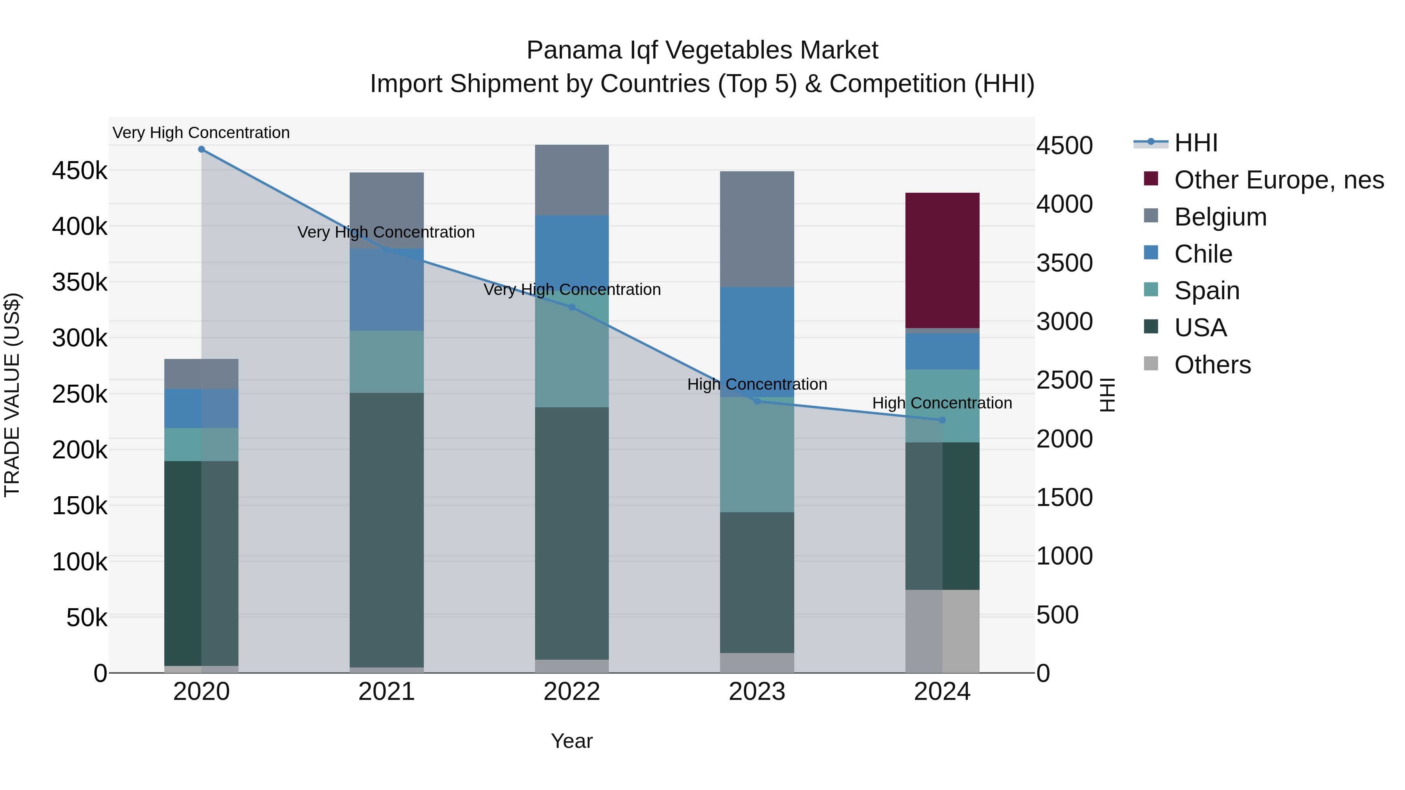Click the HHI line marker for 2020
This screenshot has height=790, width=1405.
[201, 149]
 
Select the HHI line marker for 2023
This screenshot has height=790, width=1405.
[757, 401]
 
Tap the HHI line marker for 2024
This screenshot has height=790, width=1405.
[942, 420]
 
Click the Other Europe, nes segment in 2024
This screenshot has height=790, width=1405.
[942, 261]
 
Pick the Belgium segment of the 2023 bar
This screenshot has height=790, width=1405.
[757, 229]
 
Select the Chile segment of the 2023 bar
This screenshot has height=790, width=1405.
[757, 342]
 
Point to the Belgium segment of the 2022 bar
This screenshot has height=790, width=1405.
[572, 180]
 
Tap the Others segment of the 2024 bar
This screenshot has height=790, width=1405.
[942, 631]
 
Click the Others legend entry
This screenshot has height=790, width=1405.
[1212, 365]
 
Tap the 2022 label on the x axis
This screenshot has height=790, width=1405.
[572, 692]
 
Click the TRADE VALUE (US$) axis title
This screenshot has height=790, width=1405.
[12, 395]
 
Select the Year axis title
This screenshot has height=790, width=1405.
[572, 741]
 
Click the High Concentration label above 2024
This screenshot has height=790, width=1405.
[942, 403]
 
